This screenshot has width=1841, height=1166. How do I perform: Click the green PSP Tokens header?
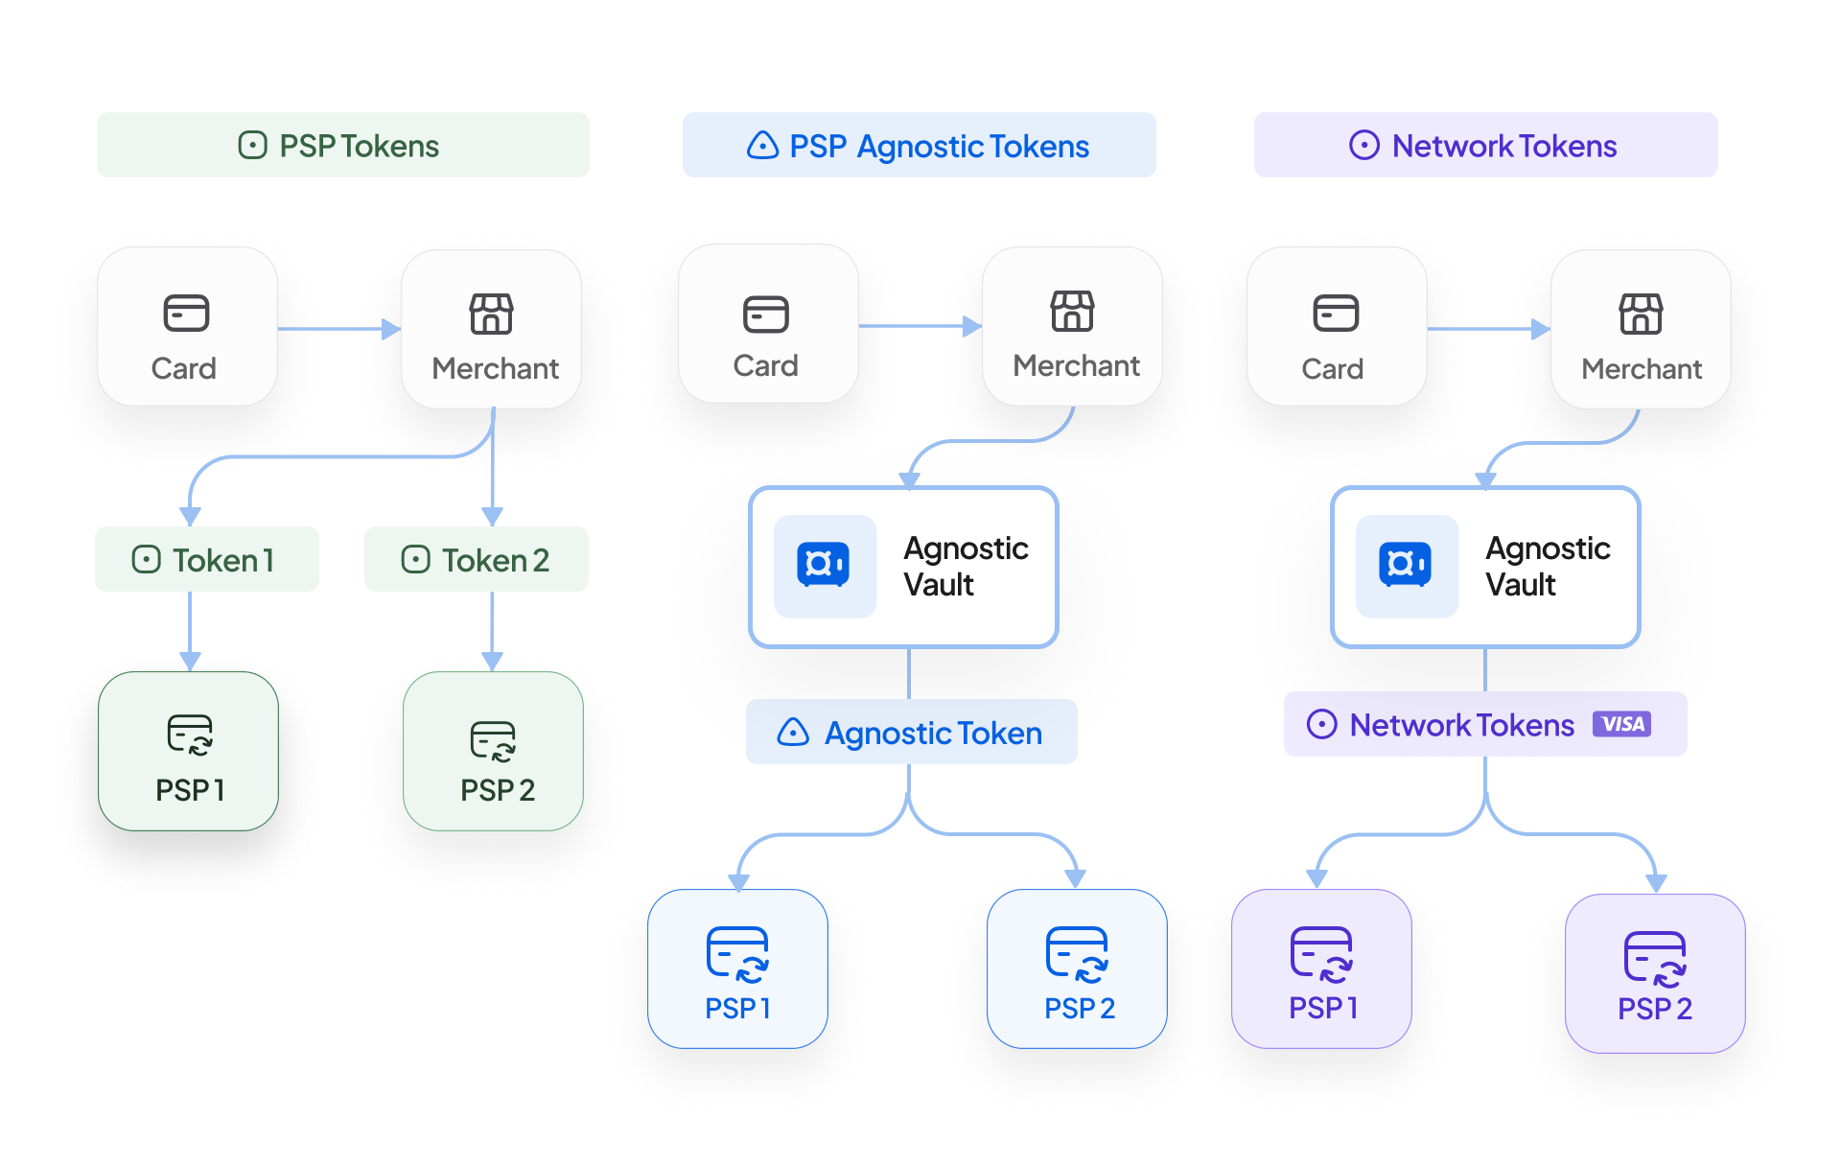tap(342, 145)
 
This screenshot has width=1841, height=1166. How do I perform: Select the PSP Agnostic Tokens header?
tap(919, 145)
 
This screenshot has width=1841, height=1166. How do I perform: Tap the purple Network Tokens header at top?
tap(1485, 145)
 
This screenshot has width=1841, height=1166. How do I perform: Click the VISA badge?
tap(1621, 724)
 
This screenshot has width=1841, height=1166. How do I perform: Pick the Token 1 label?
tap(206, 559)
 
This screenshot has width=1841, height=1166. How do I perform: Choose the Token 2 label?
tap(476, 559)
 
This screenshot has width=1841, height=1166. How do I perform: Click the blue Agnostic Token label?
tap(911, 732)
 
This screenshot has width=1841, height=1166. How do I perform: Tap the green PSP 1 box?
tap(189, 751)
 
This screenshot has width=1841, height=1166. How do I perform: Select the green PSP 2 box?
tap(493, 751)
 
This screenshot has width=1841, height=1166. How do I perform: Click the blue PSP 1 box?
tap(737, 968)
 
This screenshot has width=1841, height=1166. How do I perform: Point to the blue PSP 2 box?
tap(1077, 968)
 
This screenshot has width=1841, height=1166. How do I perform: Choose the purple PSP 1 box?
tap(1321, 968)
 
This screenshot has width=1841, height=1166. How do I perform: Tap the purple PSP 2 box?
tap(1655, 973)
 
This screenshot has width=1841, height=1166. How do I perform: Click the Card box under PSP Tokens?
tap(187, 327)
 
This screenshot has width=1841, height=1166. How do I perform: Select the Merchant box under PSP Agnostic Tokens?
tap(1072, 326)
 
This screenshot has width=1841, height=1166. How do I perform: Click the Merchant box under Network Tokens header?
tap(1641, 329)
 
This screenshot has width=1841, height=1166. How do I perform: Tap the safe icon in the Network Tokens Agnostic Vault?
tap(1406, 566)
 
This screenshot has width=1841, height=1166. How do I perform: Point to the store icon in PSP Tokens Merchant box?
tap(491, 314)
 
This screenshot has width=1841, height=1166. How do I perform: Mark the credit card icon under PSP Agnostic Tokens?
tap(766, 314)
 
